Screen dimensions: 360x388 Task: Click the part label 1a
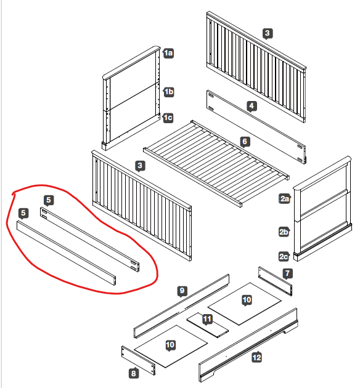(168, 53)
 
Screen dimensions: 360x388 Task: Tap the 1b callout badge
(169, 92)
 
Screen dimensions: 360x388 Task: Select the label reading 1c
(168, 118)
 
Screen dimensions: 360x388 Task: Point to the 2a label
(284, 199)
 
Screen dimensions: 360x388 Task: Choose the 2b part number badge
(284, 232)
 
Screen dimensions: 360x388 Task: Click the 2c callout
(284, 256)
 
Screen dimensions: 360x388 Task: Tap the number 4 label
(252, 106)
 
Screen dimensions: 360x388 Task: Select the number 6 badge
(245, 142)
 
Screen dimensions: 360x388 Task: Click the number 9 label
(182, 291)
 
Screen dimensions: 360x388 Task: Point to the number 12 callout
(257, 357)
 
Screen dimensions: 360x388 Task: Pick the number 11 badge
(207, 319)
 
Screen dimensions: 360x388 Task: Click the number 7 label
(287, 273)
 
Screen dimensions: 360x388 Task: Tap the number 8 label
(133, 373)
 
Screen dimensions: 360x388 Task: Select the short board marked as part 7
(275, 281)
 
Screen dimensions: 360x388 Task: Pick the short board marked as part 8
(138, 360)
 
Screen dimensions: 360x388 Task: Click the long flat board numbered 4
(256, 126)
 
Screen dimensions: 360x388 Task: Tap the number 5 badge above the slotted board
(49, 200)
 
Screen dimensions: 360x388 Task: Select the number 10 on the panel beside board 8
(170, 345)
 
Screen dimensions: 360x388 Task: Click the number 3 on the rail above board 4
(268, 33)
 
